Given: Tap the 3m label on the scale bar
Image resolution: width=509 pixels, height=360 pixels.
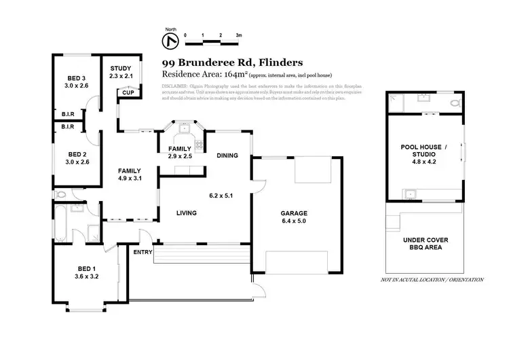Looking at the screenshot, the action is (239, 34).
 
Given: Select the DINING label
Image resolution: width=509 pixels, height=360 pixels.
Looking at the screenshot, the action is (227, 156).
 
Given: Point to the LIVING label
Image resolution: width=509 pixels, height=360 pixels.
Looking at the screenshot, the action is (186, 213).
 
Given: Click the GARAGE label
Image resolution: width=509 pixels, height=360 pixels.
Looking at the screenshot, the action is (295, 213).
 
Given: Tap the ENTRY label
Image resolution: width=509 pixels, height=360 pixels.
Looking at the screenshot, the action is (143, 252).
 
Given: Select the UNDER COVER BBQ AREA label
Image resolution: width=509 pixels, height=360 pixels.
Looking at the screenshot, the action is (425, 244).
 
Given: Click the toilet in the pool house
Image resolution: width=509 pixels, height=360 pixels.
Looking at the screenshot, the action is (453, 103).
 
